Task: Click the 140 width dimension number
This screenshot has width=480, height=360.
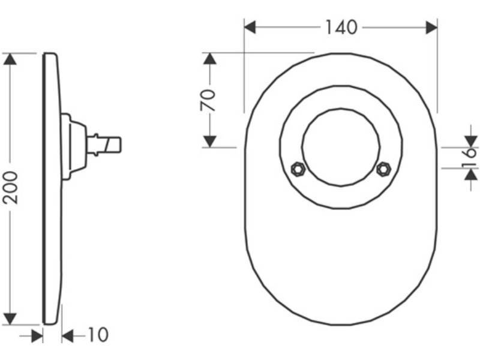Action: click(x=341, y=27)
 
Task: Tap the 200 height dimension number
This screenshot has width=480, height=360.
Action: click(x=10, y=188)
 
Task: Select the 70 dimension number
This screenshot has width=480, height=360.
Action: click(x=208, y=100)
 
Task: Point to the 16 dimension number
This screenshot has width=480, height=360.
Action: click(x=470, y=158)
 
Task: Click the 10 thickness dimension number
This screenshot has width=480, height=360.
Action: click(x=98, y=335)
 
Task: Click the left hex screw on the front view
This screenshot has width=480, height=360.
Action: click(x=298, y=169)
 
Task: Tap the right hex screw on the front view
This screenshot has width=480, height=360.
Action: click(x=383, y=169)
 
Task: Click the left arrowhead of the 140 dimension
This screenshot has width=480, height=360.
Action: click(x=250, y=28)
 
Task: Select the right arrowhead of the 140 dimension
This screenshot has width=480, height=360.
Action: click(x=431, y=28)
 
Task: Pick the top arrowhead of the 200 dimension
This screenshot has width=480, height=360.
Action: click(x=10, y=59)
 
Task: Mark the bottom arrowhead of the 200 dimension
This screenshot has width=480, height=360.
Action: click(x=10, y=319)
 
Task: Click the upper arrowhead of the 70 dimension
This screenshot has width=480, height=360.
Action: click(x=209, y=59)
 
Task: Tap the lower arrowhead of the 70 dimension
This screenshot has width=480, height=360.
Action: click(x=209, y=142)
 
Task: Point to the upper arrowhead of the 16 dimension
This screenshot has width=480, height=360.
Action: click(x=471, y=142)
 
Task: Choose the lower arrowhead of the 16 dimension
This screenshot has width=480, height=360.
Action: click(x=471, y=175)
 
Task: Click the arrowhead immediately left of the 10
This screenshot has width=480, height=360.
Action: click(x=68, y=337)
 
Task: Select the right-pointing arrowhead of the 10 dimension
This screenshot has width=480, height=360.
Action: click(x=37, y=337)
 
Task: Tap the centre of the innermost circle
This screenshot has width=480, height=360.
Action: click(x=341, y=147)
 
